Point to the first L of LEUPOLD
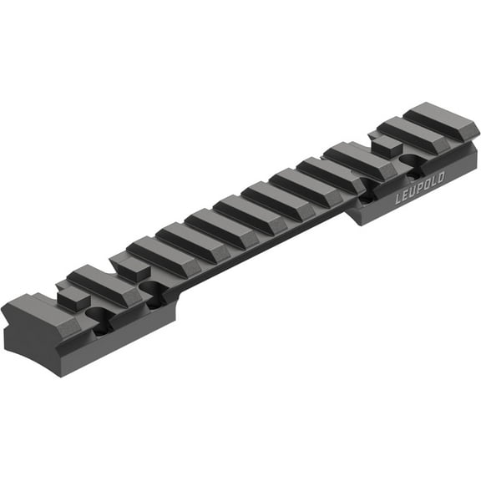(x=399, y=201)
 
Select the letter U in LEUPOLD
(x=413, y=194)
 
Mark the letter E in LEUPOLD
(x=406, y=198)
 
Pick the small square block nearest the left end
(x=73, y=298)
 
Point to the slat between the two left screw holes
(x=104, y=284)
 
